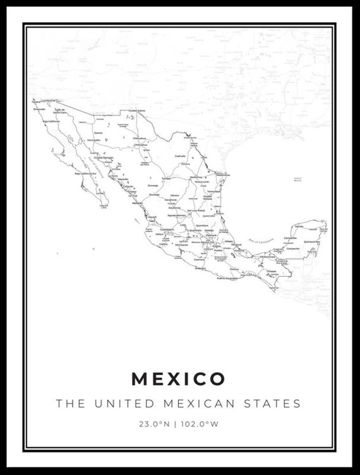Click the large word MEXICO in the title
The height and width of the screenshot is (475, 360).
(x=178, y=379)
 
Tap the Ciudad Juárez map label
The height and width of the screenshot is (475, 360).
(x=137, y=110)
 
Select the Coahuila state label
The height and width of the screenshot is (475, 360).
(x=180, y=155)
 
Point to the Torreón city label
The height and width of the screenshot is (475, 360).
(x=167, y=178)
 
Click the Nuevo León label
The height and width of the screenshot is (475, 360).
(x=201, y=181)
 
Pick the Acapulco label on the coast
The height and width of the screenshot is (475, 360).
(x=200, y=268)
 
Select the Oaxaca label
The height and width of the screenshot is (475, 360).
(x=234, y=269)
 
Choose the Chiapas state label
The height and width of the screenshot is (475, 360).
(x=272, y=271)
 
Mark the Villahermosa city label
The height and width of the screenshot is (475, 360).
(x=267, y=256)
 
